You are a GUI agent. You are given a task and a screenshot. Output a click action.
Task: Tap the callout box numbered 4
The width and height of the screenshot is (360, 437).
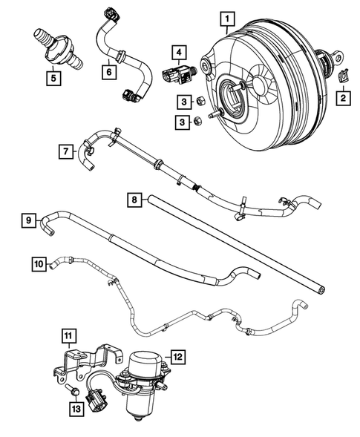178,52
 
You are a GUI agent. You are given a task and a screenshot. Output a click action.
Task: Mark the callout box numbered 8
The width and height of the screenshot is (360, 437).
134,200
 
